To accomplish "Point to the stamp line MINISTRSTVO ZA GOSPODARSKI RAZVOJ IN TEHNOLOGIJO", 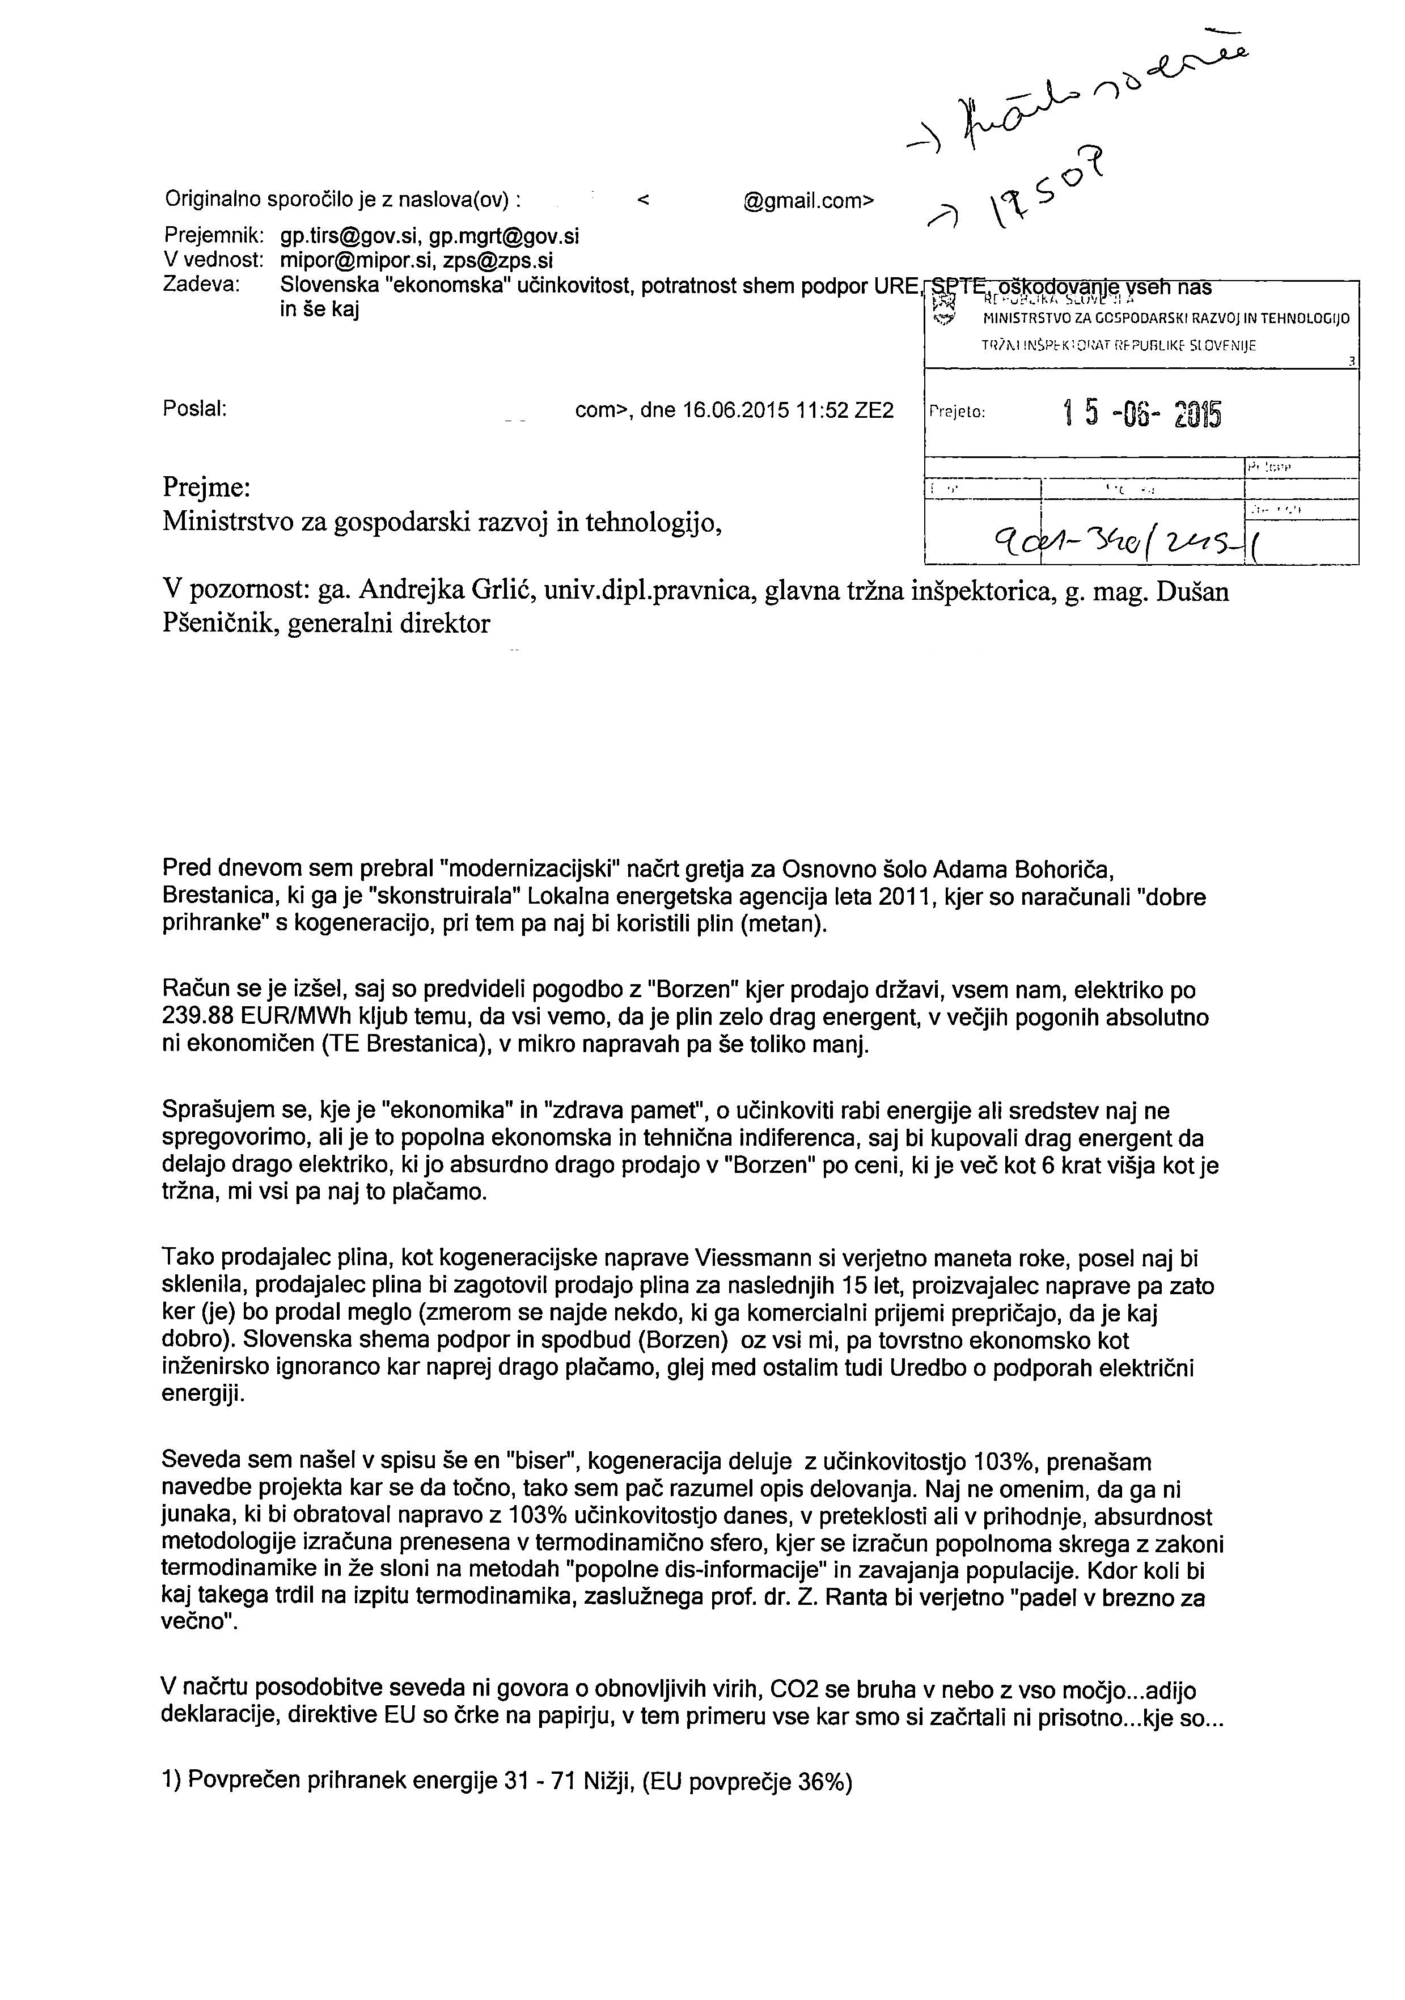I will pos(1166,319).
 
